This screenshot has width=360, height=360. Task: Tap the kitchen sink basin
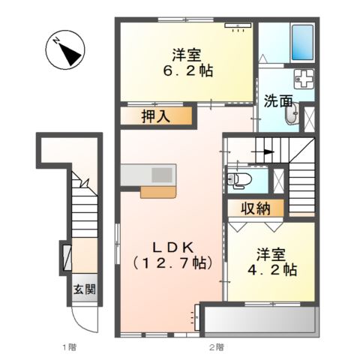click(161, 174)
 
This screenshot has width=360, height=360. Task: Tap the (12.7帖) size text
click(171, 263)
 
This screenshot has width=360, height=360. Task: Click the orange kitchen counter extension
click(159, 190)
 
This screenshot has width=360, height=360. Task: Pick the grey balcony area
click(257, 320)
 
